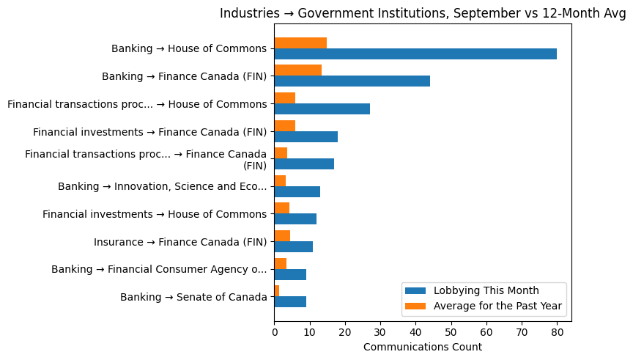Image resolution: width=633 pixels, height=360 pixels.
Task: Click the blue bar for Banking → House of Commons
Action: click(415, 54)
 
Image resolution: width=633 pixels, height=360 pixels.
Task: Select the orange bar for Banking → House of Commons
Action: click(300, 43)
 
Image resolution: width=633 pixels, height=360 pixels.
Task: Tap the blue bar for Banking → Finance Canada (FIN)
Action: click(352, 81)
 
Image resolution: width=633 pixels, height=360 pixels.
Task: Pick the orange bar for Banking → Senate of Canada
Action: click(277, 291)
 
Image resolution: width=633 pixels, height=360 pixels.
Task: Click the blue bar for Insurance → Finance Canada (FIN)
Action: click(293, 246)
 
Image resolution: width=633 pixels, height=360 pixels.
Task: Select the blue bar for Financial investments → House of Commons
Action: click(295, 219)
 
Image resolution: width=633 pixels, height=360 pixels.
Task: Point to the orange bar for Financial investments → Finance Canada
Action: click(285, 125)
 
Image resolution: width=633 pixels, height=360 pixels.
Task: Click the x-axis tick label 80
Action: click(557, 332)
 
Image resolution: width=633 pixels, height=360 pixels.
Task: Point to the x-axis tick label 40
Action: click(415, 332)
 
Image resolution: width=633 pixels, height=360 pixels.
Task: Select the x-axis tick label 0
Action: click(274, 332)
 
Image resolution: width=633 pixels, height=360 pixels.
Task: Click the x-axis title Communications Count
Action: click(422, 347)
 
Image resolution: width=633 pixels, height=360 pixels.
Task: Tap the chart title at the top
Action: click(423, 13)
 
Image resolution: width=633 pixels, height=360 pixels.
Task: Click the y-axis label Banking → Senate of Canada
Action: click(193, 297)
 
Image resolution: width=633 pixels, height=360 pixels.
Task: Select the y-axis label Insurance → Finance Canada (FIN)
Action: click(180, 242)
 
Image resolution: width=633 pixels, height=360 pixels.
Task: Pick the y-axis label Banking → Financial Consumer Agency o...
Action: click(159, 270)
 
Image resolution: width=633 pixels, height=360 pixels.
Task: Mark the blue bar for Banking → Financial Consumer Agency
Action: click(290, 274)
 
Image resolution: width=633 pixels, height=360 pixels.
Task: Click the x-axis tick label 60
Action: click(486, 332)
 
